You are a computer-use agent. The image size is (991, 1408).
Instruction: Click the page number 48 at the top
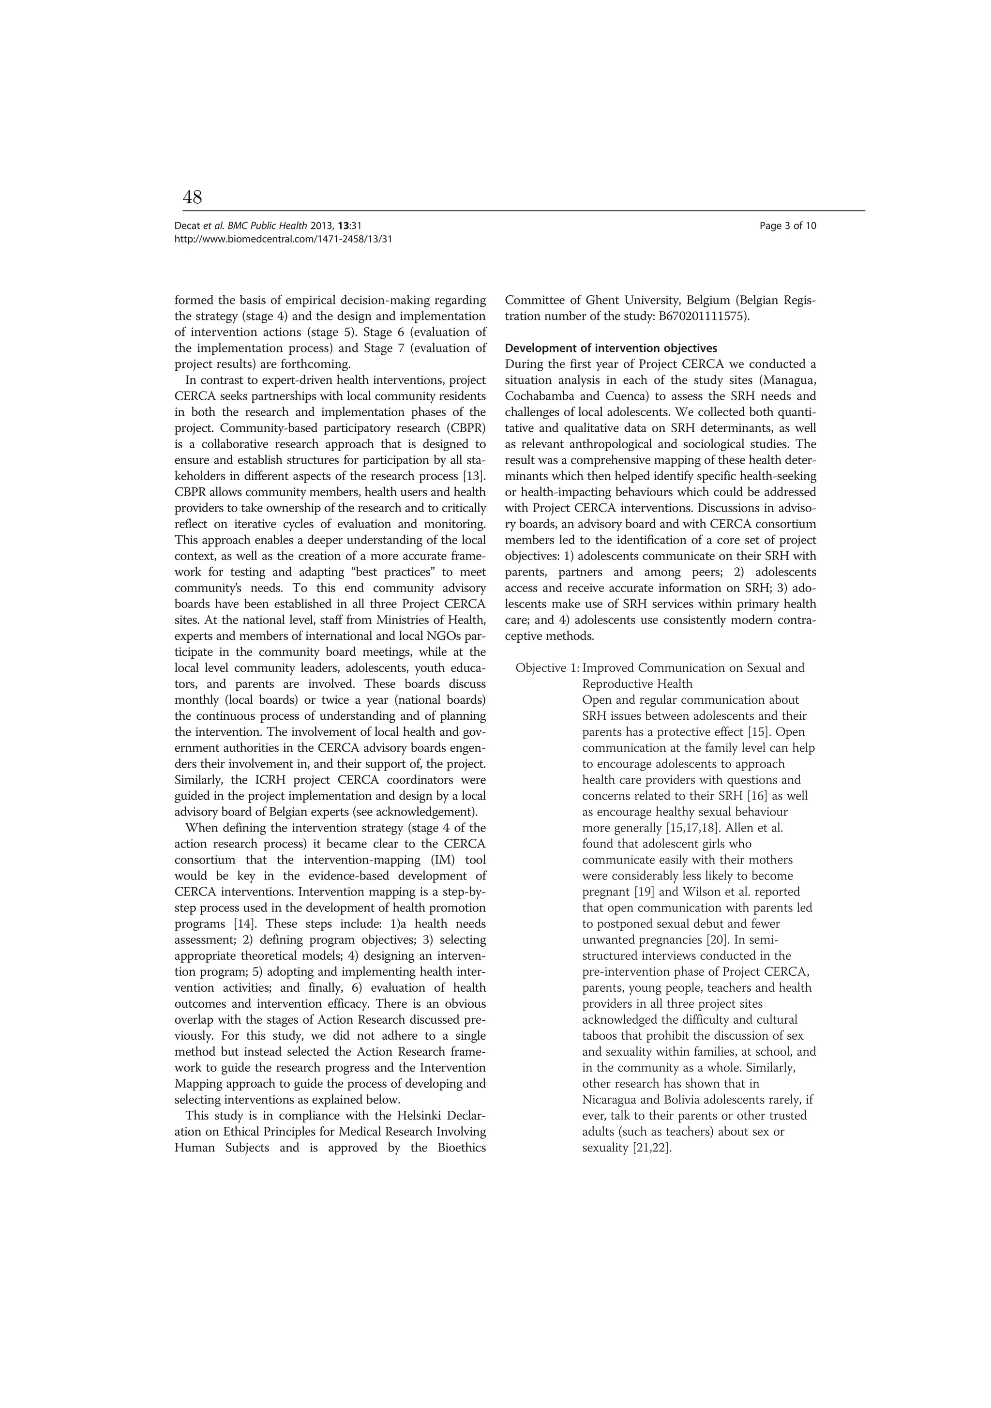coord(192,197)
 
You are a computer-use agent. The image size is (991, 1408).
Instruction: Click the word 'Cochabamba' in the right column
coord(540,396)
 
